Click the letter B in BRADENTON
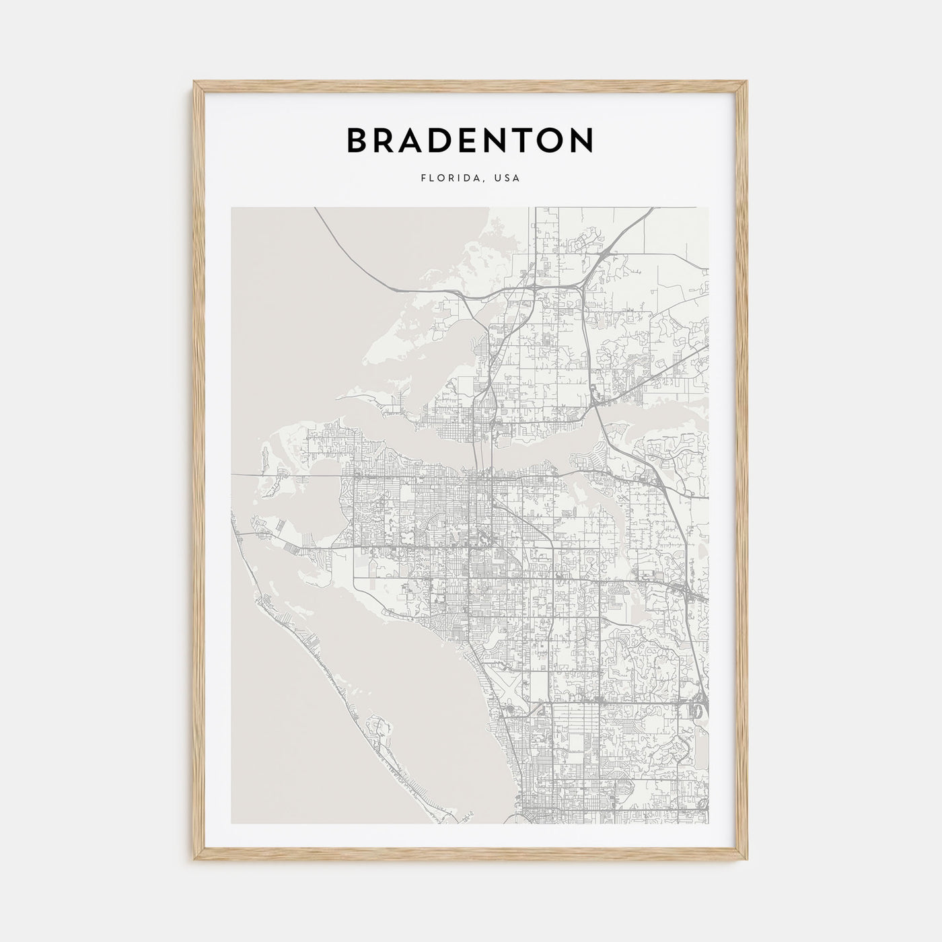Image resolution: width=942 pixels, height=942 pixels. pyautogui.click(x=359, y=140)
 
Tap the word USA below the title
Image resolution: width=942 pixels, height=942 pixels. pyautogui.click(x=507, y=179)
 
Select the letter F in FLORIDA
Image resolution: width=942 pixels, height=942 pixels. pyautogui.click(x=423, y=179)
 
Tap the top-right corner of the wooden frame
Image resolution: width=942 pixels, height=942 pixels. pyautogui.click(x=748, y=82)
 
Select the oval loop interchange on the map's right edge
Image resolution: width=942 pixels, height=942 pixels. pyautogui.click(x=696, y=711)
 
